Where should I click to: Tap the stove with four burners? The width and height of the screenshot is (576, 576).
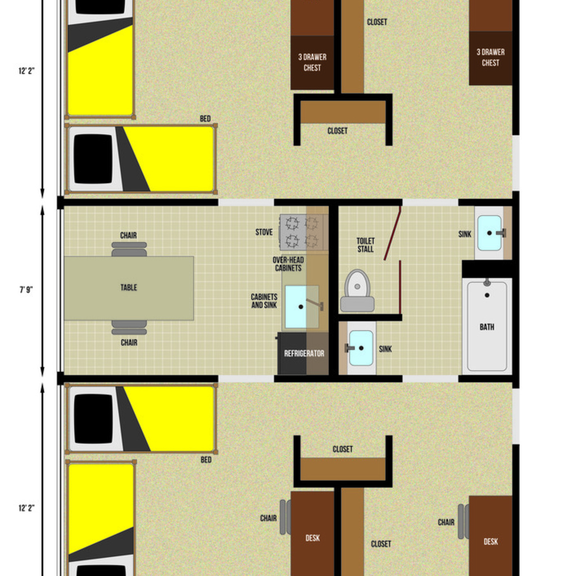click(x=302, y=232)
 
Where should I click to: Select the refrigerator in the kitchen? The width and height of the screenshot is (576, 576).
click(x=303, y=354)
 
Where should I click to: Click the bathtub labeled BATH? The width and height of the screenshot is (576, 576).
click(x=487, y=326)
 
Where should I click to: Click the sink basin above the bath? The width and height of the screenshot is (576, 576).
click(x=489, y=233)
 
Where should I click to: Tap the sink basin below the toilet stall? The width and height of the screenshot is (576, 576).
click(x=361, y=348)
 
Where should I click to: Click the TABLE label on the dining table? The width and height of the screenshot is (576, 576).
click(x=129, y=287)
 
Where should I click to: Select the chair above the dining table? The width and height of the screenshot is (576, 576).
click(x=129, y=249)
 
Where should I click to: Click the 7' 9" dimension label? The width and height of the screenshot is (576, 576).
click(x=26, y=290)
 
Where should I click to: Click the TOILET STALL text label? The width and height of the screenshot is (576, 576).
click(x=365, y=245)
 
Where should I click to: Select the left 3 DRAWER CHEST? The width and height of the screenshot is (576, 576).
click(x=312, y=62)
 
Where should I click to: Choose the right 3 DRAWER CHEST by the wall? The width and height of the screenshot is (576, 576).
click(x=490, y=57)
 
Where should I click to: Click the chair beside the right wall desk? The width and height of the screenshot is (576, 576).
click(x=463, y=521)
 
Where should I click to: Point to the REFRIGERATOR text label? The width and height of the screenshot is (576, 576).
click(x=304, y=354)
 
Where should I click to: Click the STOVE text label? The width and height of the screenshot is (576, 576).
click(x=264, y=232)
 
